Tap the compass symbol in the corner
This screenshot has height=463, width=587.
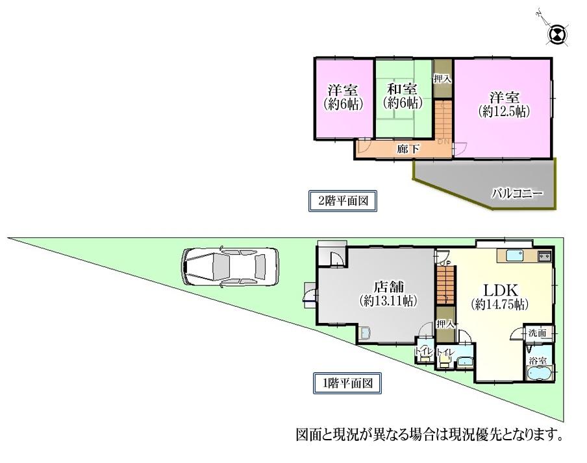pyautogui.click(x=558, y=35)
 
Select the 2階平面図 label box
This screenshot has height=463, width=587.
pyautogui.click(x=342, y=201)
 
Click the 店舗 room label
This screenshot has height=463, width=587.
pyautogui.click(x=388, y=287)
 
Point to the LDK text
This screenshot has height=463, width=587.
pyautogui.click(x=499, y=289)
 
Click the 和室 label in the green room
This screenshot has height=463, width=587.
pyautogui.click(x=403, y=89)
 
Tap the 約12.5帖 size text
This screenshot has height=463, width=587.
pyautogui.click(x=504, y=111)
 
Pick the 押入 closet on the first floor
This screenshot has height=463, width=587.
pyautogui.click(x=445, y=324)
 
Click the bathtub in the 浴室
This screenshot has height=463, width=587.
pyautogui.click(x=540, y=374)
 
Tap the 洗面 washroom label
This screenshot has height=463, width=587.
pyautogui.click(x=536, y=333)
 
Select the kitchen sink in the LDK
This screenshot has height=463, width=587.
pyautogui.click(x=516, y=255)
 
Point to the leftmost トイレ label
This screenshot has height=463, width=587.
pyautogui.click(x=423, y=352)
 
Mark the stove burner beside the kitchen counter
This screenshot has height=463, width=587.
pyautogui.click(x=544, y=255)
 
